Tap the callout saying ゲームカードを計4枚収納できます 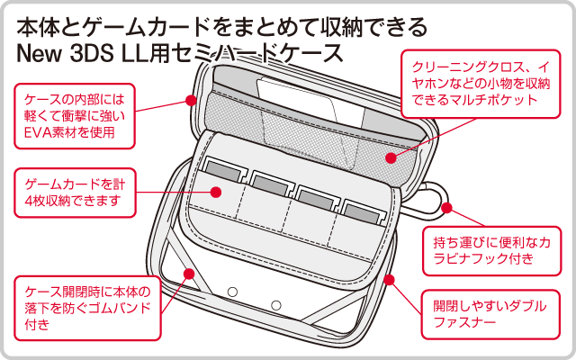pos(75,192)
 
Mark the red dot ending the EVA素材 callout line pos(191,100)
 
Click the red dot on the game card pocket pos(216,191)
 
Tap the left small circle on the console pos(232,292)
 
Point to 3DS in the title pos(94,50)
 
